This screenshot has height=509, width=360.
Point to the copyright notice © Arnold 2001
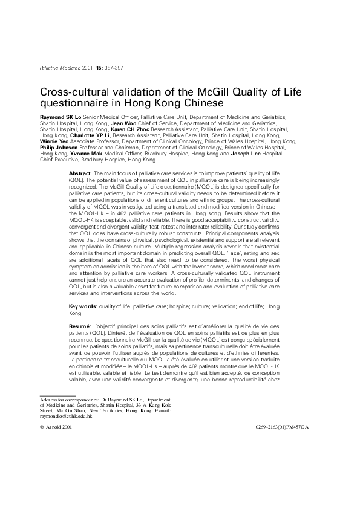coord(56,427)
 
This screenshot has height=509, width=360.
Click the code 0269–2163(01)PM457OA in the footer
coord(282,427)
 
